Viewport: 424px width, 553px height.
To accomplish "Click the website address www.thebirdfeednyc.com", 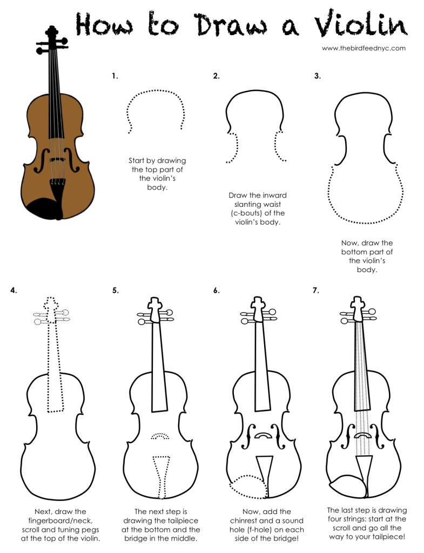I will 363,48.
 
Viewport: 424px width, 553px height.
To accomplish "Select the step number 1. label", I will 115,76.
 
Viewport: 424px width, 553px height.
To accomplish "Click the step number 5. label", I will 115,290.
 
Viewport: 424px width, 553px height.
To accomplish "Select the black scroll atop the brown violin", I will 52,35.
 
